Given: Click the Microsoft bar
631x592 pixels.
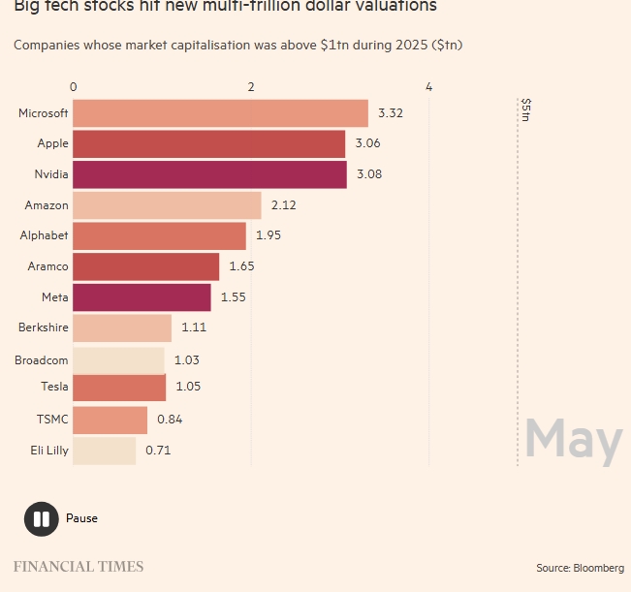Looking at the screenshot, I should coord(220,113).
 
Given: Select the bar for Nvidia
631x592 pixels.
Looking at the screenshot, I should coord(209,174).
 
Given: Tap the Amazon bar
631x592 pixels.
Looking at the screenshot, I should coord(167,205).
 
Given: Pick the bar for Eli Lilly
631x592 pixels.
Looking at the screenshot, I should coord(104,451).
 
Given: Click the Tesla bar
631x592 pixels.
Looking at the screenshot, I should coord(119,388).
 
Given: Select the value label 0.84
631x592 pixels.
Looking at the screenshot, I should coord(170,420).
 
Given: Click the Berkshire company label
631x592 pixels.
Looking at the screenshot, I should coord(43,327).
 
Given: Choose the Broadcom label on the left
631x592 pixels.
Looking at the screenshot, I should coord(42,360).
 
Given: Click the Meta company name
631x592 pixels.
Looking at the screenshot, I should coord(55,296).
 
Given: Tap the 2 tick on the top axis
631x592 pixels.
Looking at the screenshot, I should coord(251,87).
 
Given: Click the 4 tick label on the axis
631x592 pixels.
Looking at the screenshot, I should coord(428,87).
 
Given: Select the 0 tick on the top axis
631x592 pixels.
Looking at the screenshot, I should coord(74,87).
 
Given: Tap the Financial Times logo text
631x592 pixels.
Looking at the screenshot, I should coord(78,567).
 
